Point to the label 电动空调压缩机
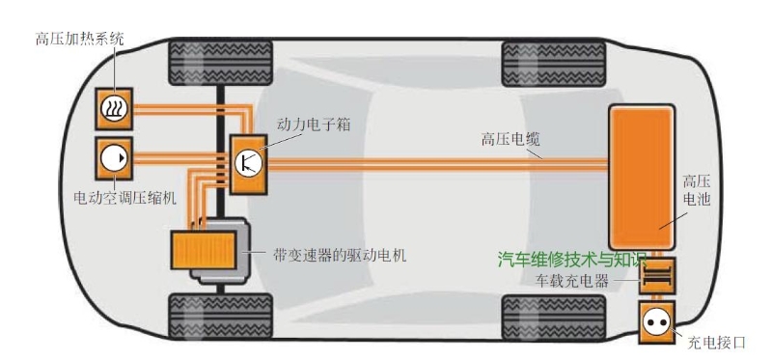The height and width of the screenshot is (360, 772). (126, 198)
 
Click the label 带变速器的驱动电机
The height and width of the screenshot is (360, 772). (335, 256)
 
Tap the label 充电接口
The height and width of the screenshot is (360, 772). (716, 342)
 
